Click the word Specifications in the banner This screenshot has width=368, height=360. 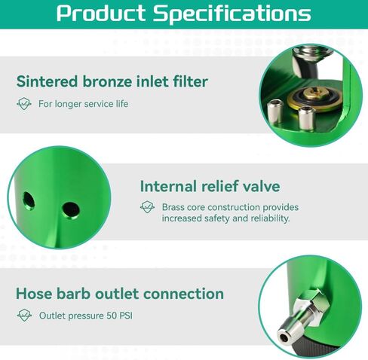tap(232, 14)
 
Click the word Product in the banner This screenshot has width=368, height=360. tap(100, 13)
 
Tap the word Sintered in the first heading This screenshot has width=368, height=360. tap(47, 81)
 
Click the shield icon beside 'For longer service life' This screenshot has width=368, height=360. tap(24, 104)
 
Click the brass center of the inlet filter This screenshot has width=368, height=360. tap(315, 94)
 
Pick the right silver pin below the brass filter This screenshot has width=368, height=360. tap(306, 118)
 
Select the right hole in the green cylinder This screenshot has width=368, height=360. tap(71, 210)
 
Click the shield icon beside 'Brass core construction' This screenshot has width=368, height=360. tap(147, 207)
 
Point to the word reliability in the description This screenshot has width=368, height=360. tap(270, 218)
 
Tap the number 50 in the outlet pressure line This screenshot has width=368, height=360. tap(112, 316)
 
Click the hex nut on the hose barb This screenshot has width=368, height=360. tap(311, 304)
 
